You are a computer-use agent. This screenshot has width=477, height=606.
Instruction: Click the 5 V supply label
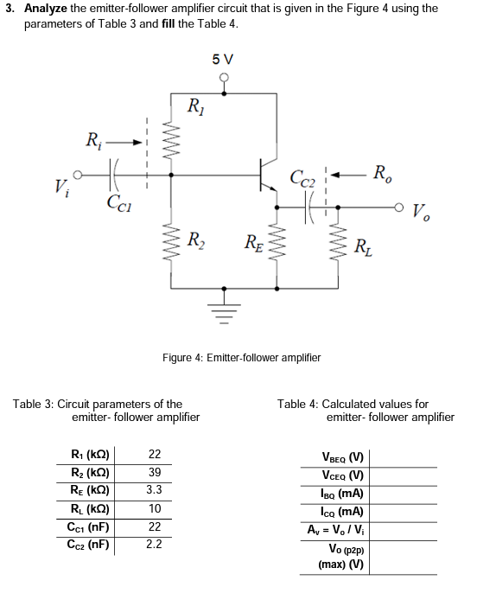222,59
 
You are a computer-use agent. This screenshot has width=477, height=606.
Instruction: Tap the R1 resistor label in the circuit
197,106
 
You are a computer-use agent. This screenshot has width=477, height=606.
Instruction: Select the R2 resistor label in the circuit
197,239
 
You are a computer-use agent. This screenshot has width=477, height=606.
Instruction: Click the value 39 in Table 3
155,472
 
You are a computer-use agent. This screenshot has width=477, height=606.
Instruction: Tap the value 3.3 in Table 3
155,490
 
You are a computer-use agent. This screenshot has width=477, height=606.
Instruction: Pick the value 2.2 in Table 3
155,545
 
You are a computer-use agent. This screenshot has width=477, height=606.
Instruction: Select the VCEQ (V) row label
342,476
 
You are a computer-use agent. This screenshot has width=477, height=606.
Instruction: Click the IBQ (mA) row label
342,494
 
